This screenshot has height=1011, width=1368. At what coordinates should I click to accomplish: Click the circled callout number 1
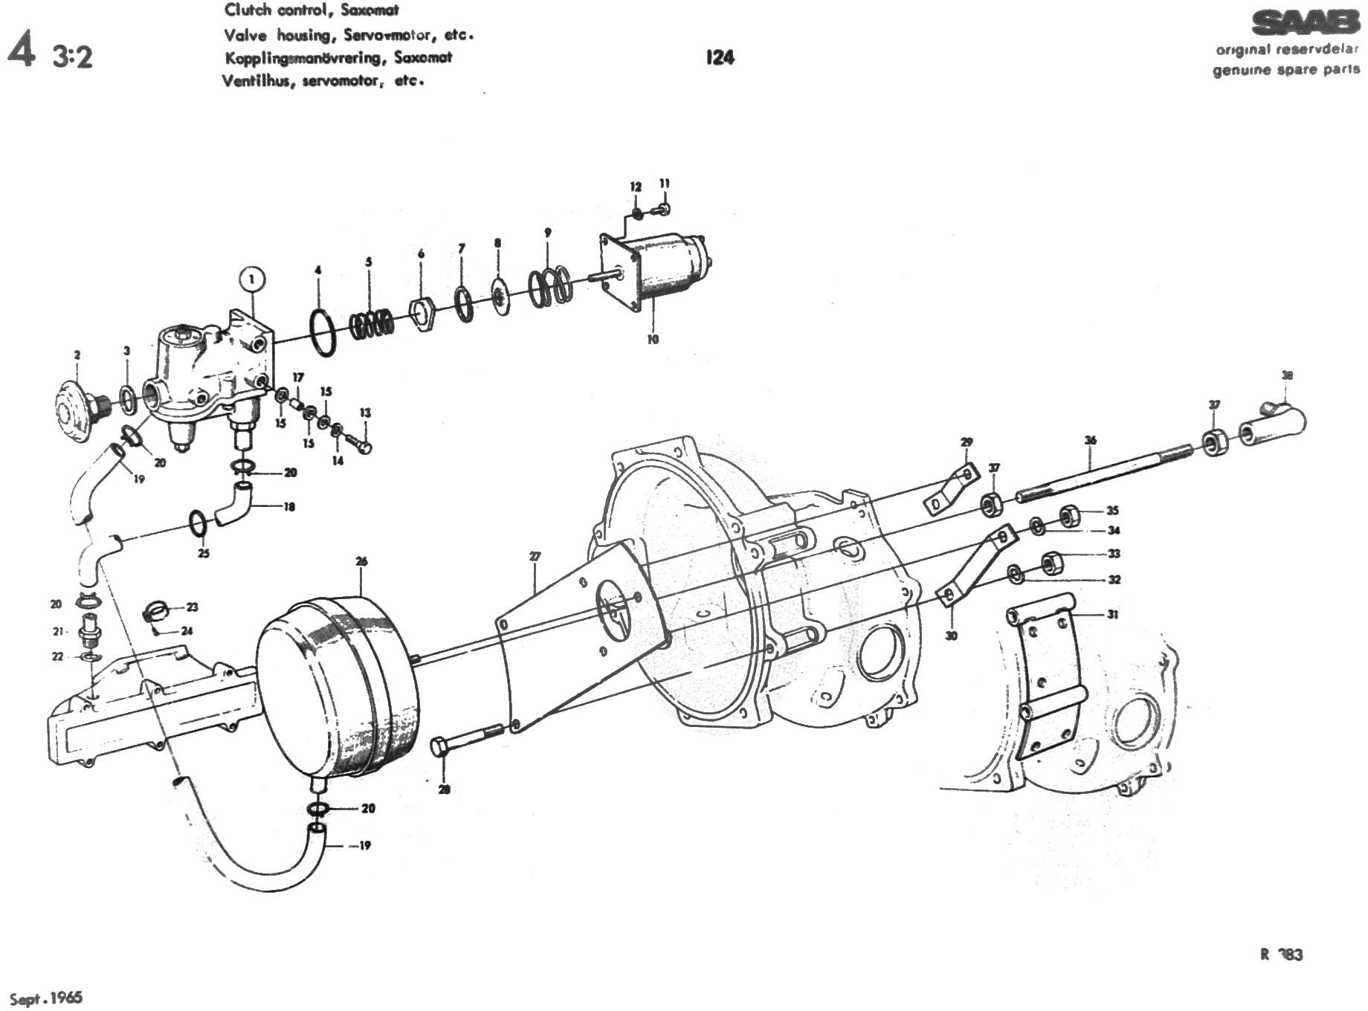(x=252, y=280)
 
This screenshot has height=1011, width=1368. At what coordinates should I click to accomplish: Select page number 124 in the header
(x=720, y=57)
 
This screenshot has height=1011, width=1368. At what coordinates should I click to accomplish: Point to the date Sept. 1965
(x=46, y=998)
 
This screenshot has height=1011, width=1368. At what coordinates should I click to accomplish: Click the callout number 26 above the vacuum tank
(x=361, y=561)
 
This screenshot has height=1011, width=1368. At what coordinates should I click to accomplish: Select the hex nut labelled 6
(x=422, y=314)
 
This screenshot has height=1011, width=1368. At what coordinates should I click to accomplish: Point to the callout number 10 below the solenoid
(x=653, y=340)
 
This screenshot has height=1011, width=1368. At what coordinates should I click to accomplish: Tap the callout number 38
(x=1287, y=375)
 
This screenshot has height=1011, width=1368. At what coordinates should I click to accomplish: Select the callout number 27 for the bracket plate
(x=535, y=556)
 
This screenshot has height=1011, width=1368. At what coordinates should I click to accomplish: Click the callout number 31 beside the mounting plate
(x=1112, y=615)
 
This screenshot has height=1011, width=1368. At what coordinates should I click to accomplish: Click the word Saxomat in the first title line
(x=370, y=10)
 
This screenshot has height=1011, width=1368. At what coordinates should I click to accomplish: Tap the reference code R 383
(x=1281, y=955)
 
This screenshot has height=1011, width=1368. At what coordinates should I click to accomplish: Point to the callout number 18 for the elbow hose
(x=289, y=507)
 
